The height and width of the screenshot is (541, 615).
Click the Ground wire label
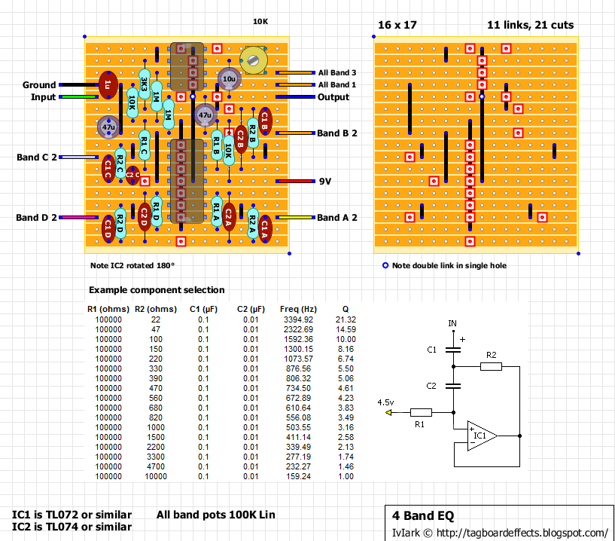[39, 85]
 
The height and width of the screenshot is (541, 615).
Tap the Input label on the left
[43, 97]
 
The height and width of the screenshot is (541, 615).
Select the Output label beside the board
[333, 97]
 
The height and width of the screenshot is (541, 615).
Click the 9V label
[325, 182]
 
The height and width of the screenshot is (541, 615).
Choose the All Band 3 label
[337, 72]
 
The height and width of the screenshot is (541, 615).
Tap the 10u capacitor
[229, 78]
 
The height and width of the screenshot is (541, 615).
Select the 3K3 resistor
[144, 83]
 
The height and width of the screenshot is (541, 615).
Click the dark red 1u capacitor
[108, 85]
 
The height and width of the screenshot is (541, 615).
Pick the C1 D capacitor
[108, 226]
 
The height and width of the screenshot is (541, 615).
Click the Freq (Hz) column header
[299, 310]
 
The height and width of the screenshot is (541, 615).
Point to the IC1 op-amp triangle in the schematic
[480, 436]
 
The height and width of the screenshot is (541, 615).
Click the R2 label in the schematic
[491, 354]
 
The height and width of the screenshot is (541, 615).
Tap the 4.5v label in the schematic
[385, 402]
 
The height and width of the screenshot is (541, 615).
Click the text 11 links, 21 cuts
[530, 25]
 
